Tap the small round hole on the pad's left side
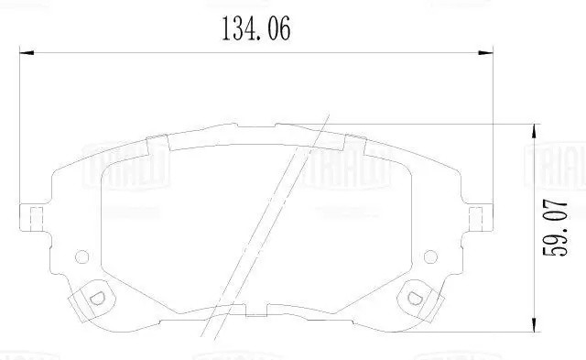point(81,256)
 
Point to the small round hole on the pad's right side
point(431,256)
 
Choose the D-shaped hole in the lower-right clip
point(413,296)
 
